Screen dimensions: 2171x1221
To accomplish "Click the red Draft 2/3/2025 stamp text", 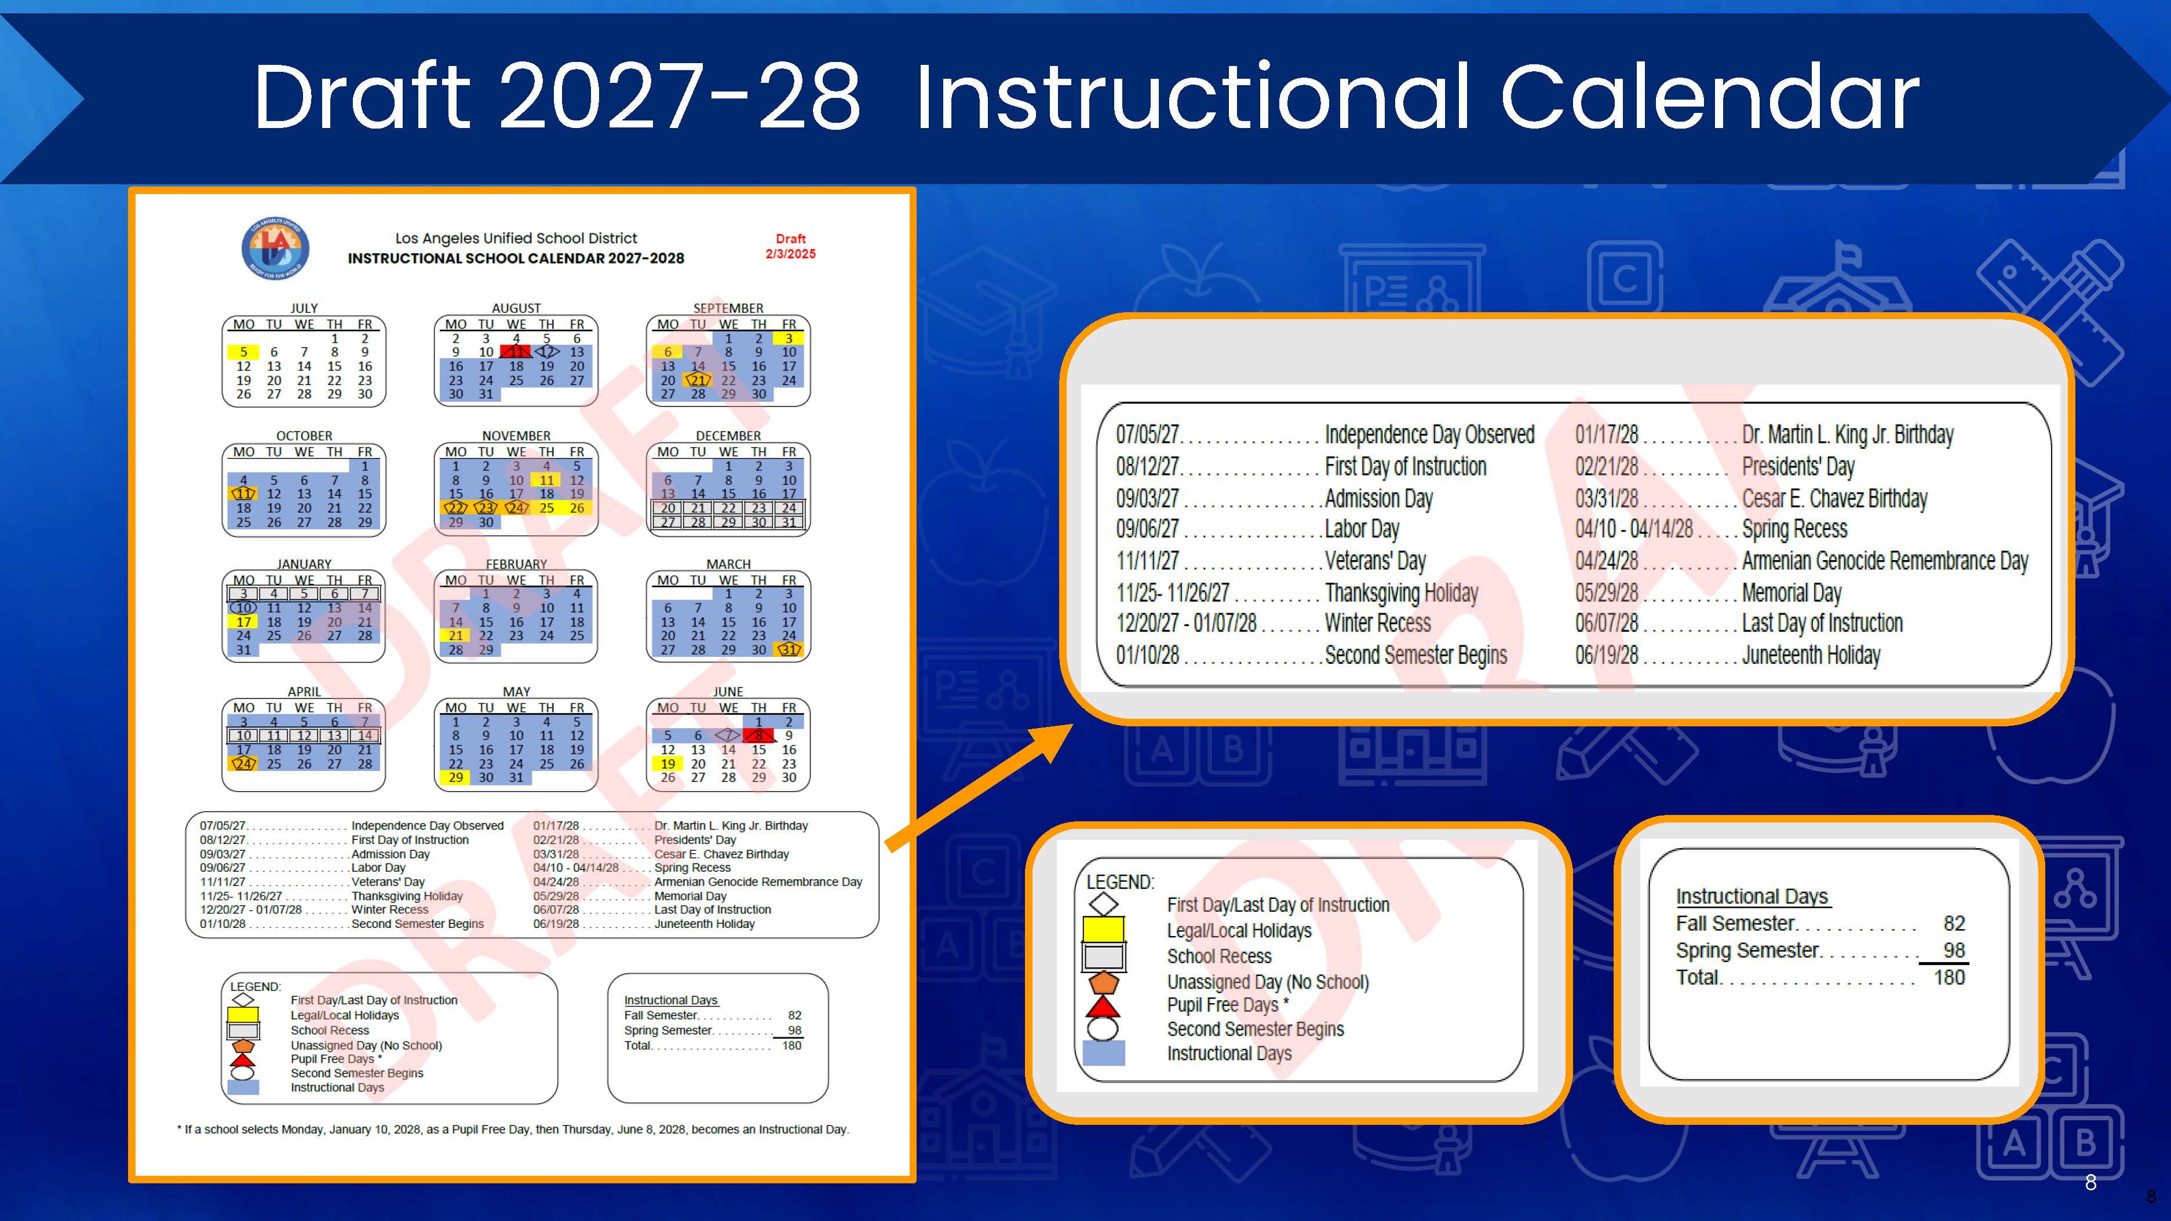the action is click(790, 246).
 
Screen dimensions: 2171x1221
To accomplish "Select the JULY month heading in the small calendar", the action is click(304, 308).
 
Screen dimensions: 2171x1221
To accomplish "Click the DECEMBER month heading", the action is click(728, 436).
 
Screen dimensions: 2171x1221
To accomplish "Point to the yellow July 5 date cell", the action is click(243, 352).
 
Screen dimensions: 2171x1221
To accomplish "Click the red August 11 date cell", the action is click(516, 352).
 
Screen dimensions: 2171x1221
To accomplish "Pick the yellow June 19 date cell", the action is click(667, 763).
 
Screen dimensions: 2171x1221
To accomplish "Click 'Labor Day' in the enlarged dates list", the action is click(1362, 529).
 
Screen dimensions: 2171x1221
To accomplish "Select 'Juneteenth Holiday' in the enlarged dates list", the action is click(1811, 655).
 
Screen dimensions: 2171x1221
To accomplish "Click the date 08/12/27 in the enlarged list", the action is click(1147, 466).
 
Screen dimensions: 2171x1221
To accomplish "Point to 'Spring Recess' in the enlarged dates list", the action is click(1794, 529).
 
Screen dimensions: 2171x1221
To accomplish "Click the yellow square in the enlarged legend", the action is click(1103, 928).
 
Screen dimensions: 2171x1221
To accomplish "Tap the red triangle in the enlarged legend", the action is click(1103, 1006).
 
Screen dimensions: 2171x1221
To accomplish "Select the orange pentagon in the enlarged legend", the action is click(1103, 982).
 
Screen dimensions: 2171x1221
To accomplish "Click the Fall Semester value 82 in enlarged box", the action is click(1954, 923).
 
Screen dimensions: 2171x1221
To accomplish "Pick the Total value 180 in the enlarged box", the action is click(1949, 978).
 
